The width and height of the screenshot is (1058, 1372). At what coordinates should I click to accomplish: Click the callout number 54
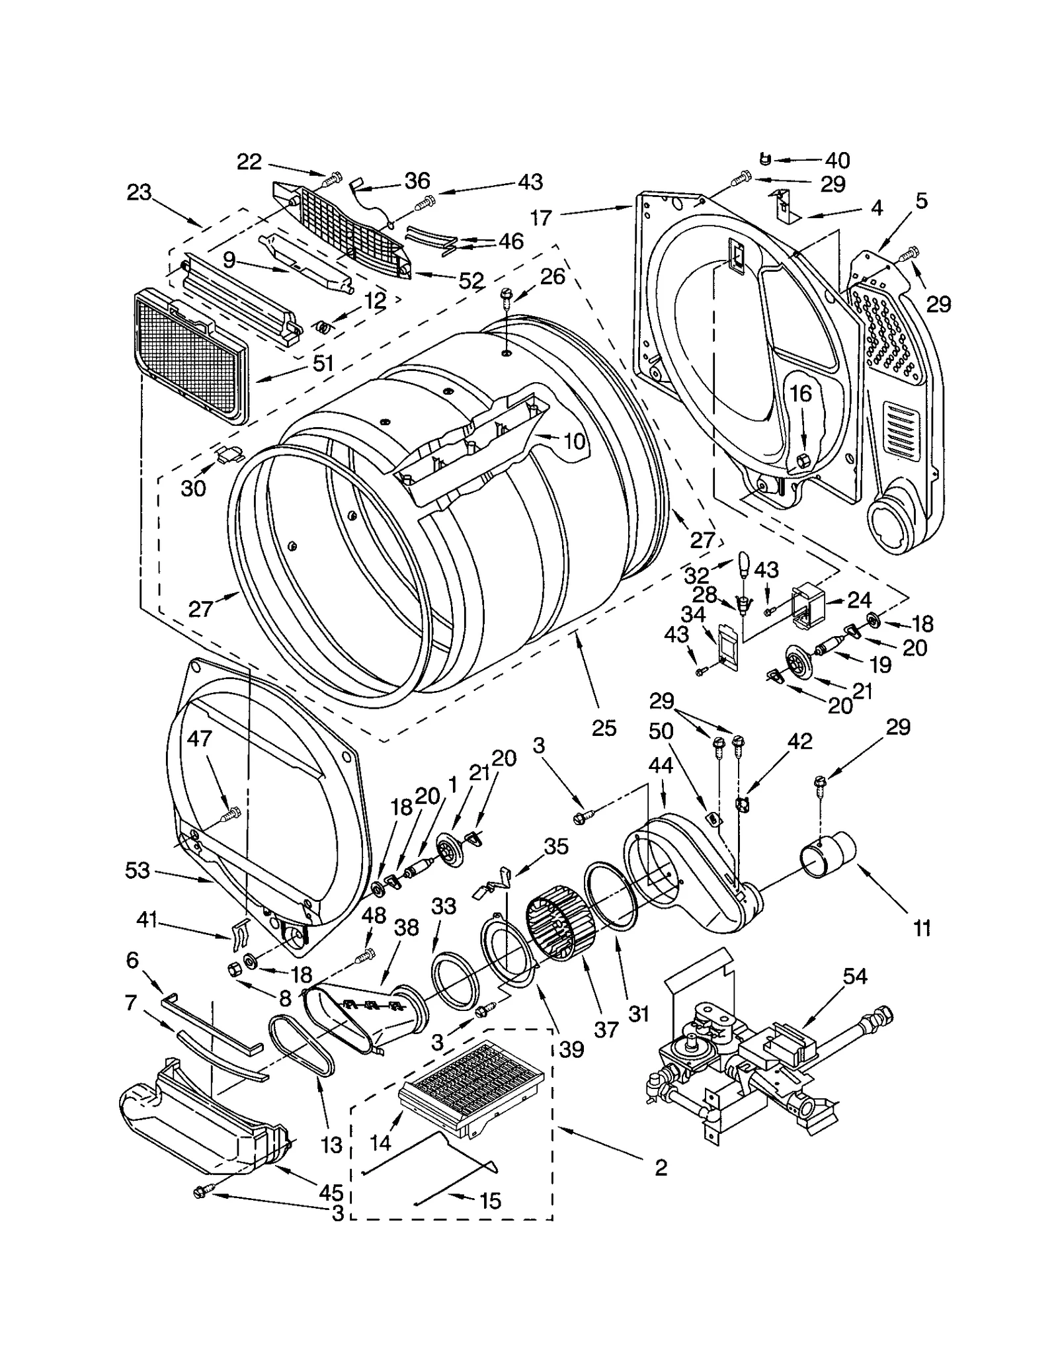854,976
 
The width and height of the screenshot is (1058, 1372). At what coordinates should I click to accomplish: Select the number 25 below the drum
604,728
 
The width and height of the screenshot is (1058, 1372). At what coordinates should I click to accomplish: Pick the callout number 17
541,218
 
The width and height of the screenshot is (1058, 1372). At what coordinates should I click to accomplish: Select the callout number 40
836,160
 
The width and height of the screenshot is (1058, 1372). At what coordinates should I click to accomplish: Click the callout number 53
137,871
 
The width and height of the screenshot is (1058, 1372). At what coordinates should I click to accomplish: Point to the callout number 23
140,192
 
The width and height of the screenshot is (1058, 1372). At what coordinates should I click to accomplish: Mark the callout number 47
199,738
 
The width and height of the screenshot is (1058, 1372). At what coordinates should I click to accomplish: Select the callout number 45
331,1192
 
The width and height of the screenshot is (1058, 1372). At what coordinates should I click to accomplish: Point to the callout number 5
922,200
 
